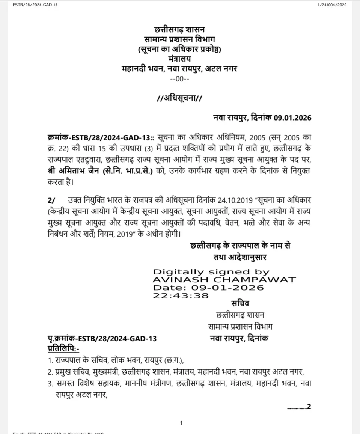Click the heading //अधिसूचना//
[180, 99]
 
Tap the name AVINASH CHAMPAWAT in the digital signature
[224, 280]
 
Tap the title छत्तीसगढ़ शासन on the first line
[180, 30]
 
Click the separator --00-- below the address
[180, 79]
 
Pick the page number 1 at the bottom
[181, 423]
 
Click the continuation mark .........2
[299, 407]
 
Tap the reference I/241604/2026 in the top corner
[333, 5]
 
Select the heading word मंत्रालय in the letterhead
[180, 59]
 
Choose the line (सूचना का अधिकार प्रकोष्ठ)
[180, 49]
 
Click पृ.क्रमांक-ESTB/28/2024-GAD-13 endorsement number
[102, 339]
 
